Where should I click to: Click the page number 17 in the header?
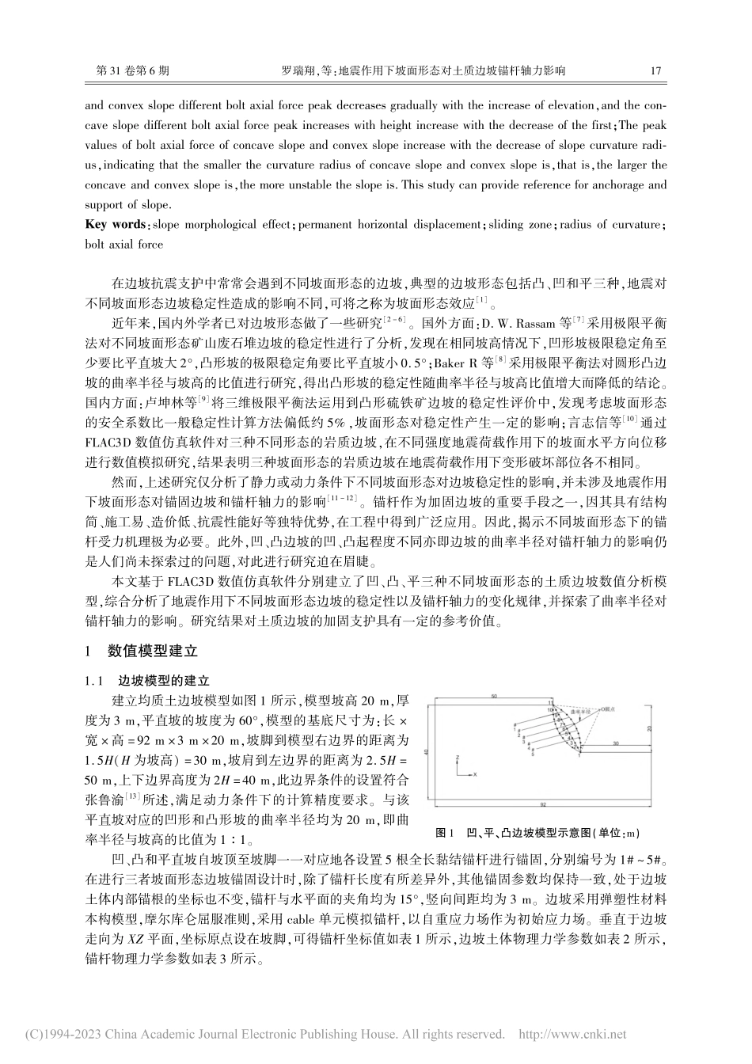point(655,70)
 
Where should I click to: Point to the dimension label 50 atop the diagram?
point(493,696)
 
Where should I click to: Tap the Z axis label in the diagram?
point(458,758)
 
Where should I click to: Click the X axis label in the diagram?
point(474,775)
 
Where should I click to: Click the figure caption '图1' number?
point(444,833)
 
